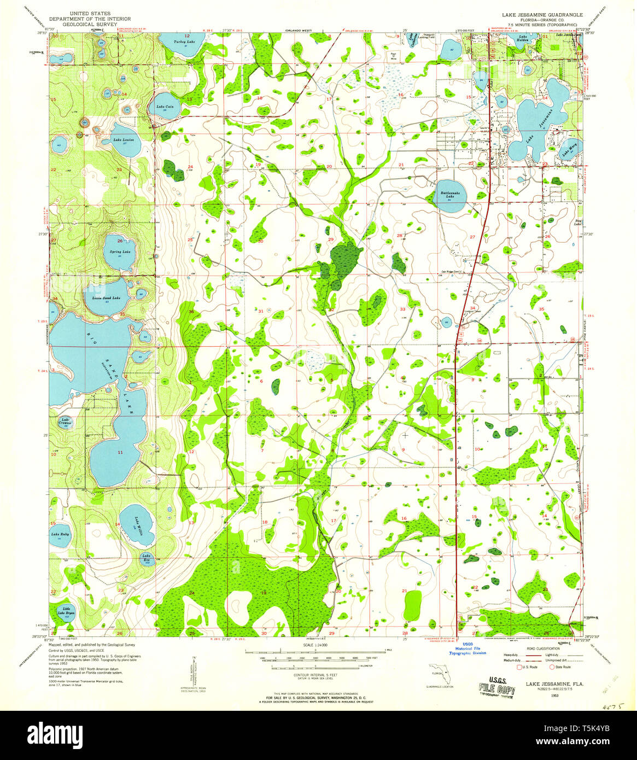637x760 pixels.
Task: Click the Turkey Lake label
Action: click(x=183, y=42)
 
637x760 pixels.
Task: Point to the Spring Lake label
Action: click(x=120, y=252)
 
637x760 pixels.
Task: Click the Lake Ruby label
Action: click(x=59, y=534)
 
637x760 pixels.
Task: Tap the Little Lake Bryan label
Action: click(x=67, y=611)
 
